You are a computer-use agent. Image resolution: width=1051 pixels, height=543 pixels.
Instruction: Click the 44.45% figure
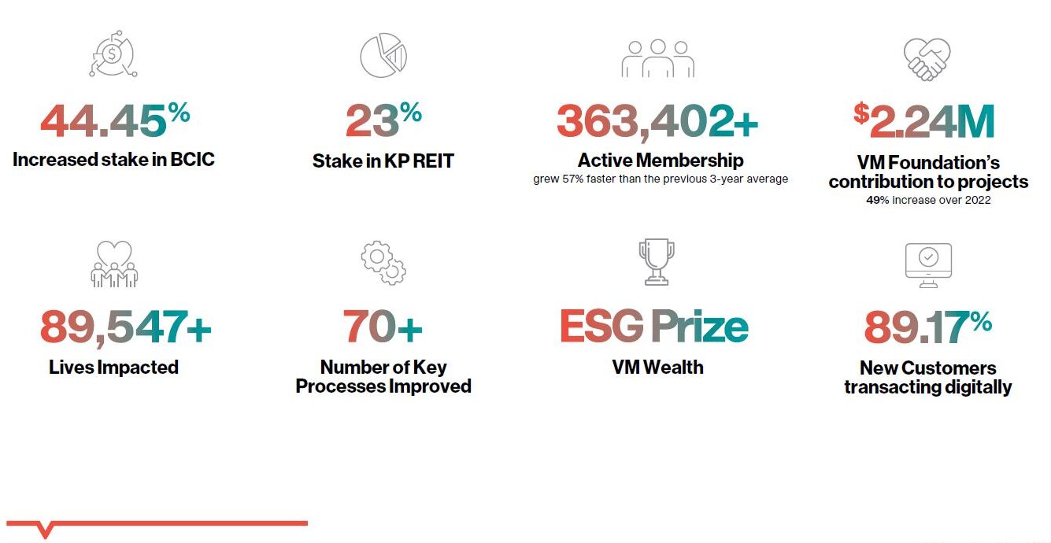pyautogui.click(x=116, y=120)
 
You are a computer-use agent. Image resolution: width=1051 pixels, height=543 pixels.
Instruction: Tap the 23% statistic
pyautogui.click(x=384, y=120)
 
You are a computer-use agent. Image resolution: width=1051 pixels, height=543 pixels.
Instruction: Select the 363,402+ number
pyautogui.click(x=657, y=122)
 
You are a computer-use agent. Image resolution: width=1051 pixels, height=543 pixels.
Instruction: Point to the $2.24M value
pyautogui.click(x=923, y=120)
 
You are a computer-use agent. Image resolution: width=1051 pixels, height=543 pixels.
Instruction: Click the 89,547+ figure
pyautogui.click(x=126, y=328)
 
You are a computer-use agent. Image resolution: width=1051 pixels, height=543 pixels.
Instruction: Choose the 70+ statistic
pyautogui.click(x=383, y=327)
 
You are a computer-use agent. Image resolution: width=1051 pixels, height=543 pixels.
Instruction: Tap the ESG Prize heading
pyautogui.click(x=654, y=327)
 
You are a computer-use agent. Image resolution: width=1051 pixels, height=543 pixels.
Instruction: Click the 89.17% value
pyautogui.click(x=928, y=327)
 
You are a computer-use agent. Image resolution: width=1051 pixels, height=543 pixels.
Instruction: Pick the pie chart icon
pyautogui.click(x=383, y=55)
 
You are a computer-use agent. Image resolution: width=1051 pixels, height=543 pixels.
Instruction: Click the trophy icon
pyautogui.click(x=657, y=262)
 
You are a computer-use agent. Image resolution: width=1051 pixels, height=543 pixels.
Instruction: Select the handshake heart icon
pyautogui.click(x=927, y=59)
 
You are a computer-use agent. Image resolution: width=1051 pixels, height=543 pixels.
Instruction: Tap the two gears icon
pyautogui.click(x=384, y=263)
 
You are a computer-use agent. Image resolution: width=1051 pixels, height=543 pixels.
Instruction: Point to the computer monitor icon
pyautogui.click(x=928, y=265)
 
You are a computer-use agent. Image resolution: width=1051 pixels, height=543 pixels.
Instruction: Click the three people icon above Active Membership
pyautogui.click(x=658, y=58)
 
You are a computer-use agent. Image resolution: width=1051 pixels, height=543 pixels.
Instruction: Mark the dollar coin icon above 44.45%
pyautogui.click(x=113, y=54)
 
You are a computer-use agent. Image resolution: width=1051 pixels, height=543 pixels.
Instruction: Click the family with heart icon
pyautogui.click(x=114, y=264)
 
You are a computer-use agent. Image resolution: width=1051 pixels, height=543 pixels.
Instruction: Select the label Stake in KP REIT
pyautogui.click(x=383, y=161)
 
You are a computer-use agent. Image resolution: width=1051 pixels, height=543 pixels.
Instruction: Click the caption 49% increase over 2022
pyautogui.click(x=928, y=200)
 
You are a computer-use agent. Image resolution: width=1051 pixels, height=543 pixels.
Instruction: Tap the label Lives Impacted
pyautogui.click(x=113, y=368)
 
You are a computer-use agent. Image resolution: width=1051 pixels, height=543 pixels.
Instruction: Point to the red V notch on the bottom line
pyautogui.click(x=45, y=530)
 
